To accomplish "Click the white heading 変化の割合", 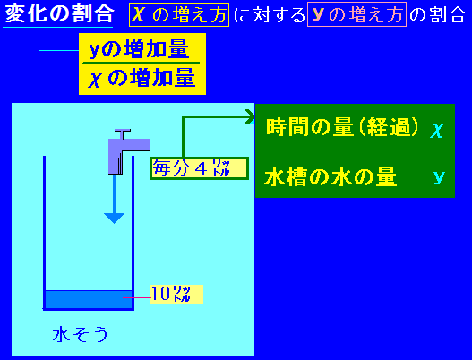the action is tap(59, 13).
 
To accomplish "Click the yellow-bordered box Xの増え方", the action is tap(179, 14).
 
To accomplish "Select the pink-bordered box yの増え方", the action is tap(356, 14).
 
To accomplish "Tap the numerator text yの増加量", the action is tap(139, 49).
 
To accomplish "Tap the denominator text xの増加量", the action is tap(142, 78).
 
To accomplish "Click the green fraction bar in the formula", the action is tap(142, 64).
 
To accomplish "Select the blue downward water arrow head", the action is tap(114, 218).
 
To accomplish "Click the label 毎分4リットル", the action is tap(199, 168).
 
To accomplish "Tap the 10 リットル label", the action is tap(176, 294).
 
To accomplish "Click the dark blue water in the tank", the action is tap(89, 299).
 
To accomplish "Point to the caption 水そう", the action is tap(80, 334).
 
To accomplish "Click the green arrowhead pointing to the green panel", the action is tap(250, 116).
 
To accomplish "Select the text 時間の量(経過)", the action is tap(342, 127).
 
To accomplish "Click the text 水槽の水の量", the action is tap(330, 177).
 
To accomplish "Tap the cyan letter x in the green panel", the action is tap(437, 131).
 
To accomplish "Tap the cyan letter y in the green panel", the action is tap(439, 177).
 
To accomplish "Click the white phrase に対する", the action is tap(270, 15).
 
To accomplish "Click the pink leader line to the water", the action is tap(137, 297).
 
